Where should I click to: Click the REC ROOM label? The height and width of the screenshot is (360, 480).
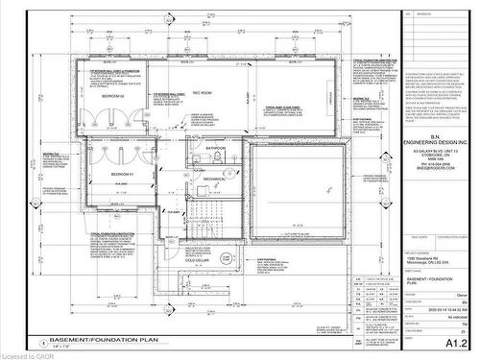coord(203,93)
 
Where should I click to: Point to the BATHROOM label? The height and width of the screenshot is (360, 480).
coord(216,147)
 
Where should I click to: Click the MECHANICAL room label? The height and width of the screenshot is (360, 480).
coord(214,179)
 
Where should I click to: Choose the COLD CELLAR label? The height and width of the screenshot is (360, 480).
coord(196,259)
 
